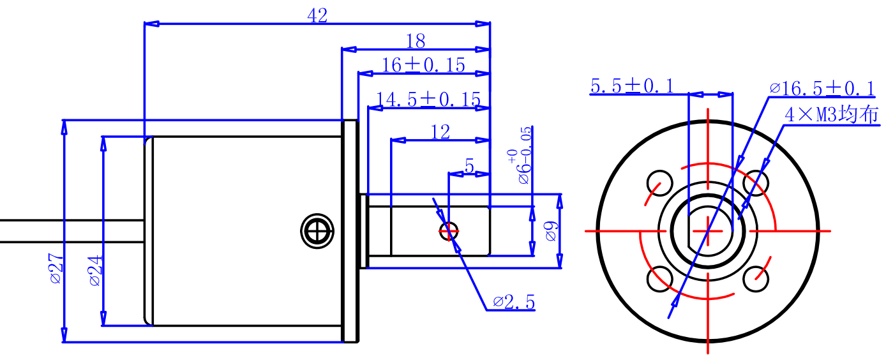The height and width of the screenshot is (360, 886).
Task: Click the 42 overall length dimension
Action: click(x=317, y=16)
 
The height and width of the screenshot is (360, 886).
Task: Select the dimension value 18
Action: click(x=416, y=41)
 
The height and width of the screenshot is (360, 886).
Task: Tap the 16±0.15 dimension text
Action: click(x=423, y=65)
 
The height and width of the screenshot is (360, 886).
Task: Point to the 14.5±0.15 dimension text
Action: click(x=428, y=100)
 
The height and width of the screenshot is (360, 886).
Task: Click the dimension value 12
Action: click(x=440, y=132)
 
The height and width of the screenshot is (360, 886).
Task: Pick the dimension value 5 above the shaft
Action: click(x=470, y=166)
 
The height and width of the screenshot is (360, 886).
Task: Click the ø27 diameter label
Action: click(x=56, y=268)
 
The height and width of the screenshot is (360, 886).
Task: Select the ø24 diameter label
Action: click(x=96, y=271)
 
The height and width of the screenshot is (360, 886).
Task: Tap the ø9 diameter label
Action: click(x=551, y=231)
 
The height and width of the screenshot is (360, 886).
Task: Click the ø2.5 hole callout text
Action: click(x=514, y=303)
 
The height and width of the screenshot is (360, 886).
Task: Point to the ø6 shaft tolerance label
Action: click(x=520, y=155)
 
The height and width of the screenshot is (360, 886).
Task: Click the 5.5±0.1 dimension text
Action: click(x=632, y=86)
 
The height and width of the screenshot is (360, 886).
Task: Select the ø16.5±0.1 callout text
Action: click(x=822, y=88)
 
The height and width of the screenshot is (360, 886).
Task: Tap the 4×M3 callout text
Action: click(x=832, y=115)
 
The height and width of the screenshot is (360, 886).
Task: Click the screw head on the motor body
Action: click(x=317, y=231)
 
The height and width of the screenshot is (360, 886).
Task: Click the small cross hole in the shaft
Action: click(x=449, y=231)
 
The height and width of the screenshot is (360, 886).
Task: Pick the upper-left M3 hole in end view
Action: click(x=660, y=183)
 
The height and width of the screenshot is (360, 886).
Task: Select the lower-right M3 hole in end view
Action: click(x=756, y=279)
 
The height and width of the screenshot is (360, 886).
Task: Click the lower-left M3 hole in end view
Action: click(x=660, y=279)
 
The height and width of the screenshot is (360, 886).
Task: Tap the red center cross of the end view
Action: click(x=708, y=231)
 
